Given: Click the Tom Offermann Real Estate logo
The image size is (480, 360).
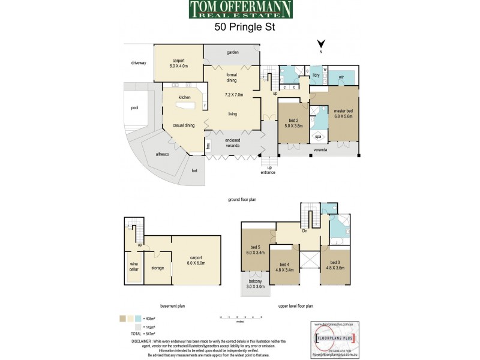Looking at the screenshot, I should (x=240, y=10).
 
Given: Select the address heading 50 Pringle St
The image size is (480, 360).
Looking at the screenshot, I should (x=240, y=27).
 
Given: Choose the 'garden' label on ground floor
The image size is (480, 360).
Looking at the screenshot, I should (x=233, y=52).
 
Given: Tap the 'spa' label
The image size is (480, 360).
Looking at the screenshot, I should (x=318, y=137).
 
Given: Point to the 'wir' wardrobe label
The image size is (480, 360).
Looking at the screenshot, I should (x=341, y=77).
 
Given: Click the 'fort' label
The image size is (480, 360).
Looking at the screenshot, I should (x=194, y=170).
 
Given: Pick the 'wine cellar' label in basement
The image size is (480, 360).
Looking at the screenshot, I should (x=134, y=266).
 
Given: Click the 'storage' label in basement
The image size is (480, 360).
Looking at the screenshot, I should (x=157, y=268).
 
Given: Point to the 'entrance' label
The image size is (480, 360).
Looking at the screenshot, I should (x=268, y=173).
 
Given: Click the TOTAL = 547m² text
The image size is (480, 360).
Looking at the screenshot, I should (x=137, y=333).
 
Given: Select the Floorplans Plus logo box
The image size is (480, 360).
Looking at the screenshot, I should (x=337, y=338).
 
